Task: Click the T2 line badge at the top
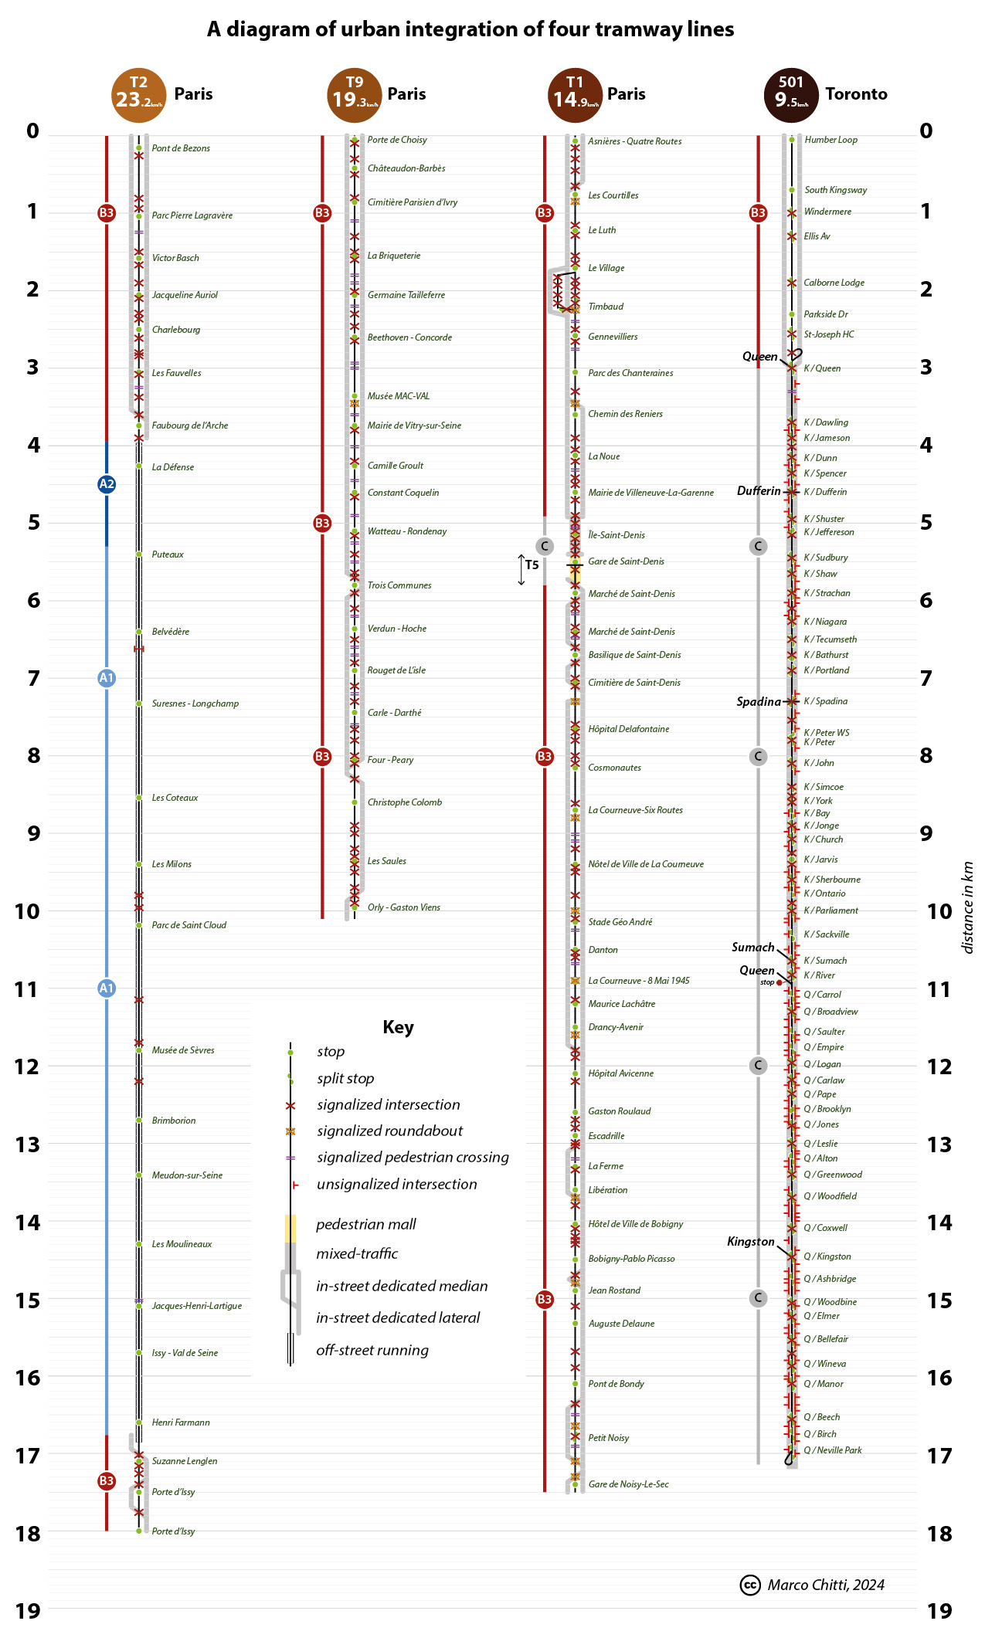pos(138,95)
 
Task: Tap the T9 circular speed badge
pos(354,95)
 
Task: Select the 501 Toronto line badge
pos(791,95)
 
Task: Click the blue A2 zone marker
pos(107,484)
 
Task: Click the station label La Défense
pos(173,467)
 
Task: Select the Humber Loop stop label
pos(830,140)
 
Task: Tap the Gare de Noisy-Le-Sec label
pos(628,1484)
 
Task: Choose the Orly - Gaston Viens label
pos(403,907)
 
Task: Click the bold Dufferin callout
pos(759,491)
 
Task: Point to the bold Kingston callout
pos(751,1242)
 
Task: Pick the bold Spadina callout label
pos(759,702)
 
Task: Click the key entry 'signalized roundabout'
pos(389,1131)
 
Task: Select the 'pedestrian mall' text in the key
pos(365,1224)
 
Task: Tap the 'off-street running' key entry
pos(372,1350)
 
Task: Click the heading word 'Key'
pos(398,1027)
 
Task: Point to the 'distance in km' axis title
pos(967,907)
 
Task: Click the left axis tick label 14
pos(28,1222)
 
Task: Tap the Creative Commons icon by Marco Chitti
pos(749,1585)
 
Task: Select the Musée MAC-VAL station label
pos(398,396)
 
